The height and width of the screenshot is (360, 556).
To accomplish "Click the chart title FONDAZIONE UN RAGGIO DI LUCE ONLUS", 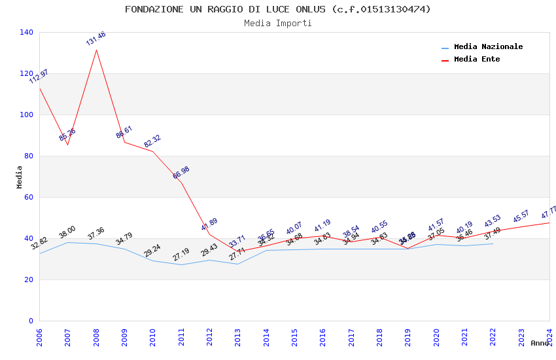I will coord(278,9).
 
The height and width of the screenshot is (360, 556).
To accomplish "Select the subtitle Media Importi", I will coord(278,23).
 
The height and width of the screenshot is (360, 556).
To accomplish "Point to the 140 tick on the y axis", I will coord(27,32).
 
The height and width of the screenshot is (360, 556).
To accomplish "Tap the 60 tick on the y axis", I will coord(29,197).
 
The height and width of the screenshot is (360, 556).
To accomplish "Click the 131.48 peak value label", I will coord(96,39).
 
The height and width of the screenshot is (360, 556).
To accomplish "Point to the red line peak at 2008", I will coord(96,50).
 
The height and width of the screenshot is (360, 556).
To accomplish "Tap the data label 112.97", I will coord(39,77).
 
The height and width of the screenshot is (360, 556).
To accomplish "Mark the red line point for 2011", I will coord(181,183).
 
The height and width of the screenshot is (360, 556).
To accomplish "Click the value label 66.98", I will coord(181,173).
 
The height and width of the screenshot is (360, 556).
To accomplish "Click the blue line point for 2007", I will coord(68,242).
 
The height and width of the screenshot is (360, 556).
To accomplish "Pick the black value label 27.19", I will coord(181,255).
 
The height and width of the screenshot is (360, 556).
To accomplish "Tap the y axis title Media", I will coord(19,177).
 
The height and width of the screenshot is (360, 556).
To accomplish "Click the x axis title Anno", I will coord(540,343).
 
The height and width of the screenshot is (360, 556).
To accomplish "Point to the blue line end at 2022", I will coord(493,243).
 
